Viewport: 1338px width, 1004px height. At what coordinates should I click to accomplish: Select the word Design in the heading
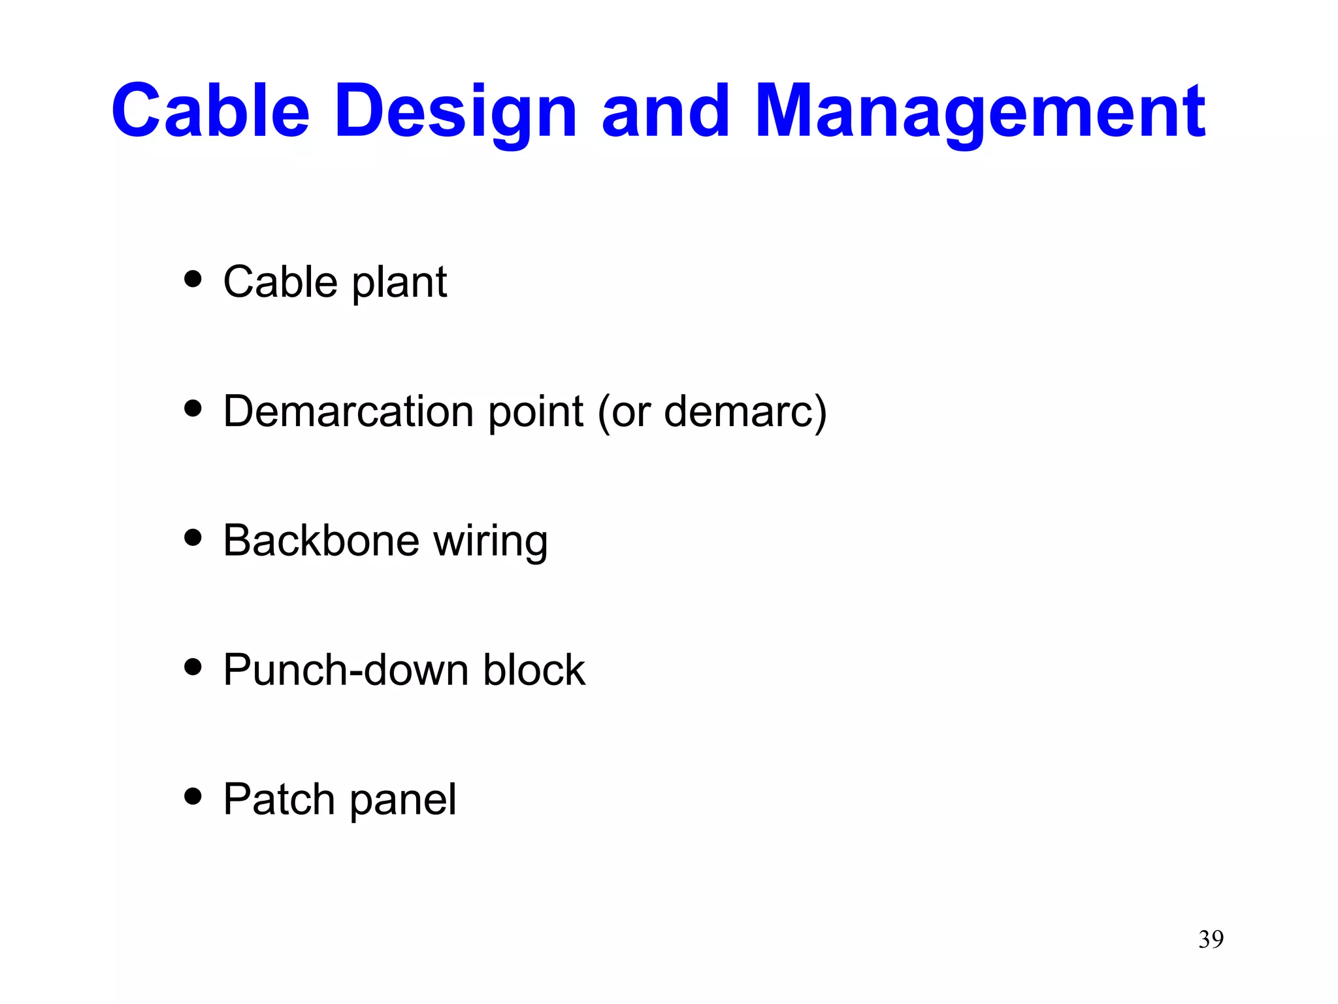455,112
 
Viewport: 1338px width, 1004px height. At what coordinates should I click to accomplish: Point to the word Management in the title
979,112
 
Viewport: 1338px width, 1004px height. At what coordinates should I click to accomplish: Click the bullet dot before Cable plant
193,280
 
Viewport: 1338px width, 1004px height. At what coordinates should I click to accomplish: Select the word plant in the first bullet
399,283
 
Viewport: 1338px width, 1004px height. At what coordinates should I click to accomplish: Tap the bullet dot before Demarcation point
193,409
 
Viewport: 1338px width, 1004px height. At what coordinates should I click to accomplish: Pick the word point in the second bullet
536,412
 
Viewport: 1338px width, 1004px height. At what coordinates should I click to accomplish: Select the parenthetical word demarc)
745,412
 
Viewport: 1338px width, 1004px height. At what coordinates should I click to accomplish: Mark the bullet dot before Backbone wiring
193,538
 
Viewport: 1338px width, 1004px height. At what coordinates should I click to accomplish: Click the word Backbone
321,541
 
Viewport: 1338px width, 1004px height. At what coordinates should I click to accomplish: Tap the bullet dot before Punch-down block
193,667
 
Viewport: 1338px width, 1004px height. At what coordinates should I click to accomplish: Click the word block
534,670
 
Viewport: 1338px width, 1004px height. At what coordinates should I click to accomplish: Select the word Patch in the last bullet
279,799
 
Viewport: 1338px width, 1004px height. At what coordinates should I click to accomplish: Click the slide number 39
1211,939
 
